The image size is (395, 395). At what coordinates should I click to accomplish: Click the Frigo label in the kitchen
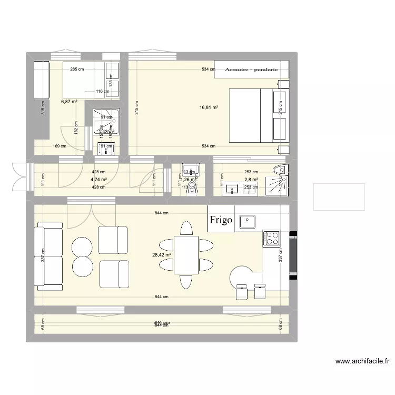(x=221, y=220)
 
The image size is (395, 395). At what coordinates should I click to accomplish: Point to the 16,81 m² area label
(x=209, y=107)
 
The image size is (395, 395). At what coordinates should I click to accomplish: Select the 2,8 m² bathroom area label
(x=251, y=180)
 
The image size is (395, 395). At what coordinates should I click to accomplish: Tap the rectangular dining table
(x=186, y=254)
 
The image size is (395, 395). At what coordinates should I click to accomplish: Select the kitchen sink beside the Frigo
(x=246, y=221)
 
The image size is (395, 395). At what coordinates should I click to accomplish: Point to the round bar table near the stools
(x=244, y=275)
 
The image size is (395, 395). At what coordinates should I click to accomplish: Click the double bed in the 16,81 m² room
(x=258, y=115)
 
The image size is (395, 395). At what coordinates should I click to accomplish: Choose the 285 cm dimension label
(x=77, y=70)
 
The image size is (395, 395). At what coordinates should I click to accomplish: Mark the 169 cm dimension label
(x=59, y=146)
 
